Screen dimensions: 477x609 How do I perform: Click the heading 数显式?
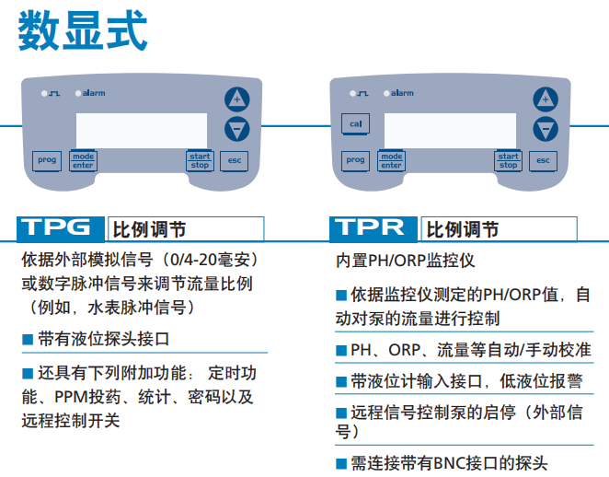tap(82, 29)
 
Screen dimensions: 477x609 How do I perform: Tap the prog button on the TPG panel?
tap(47, 160)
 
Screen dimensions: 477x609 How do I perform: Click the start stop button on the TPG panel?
tap(200, 160)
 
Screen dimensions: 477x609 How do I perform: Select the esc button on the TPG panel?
tap(235, 160)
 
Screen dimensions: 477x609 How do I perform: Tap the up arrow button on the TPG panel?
tap(237, 99)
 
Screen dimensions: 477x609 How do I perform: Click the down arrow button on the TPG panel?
tap(237, 128)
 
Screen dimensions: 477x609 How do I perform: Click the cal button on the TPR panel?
tap(355, 123)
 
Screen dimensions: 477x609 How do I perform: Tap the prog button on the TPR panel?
tap(355, 160)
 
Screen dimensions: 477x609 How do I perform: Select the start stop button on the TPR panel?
tap(508, 160)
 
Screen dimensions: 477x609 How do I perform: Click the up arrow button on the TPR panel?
tap(546, 99)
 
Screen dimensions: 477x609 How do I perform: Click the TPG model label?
tap(56, 228)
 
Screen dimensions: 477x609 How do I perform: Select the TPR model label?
tap(369, 228)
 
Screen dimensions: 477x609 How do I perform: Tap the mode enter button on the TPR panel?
tap(392, 160)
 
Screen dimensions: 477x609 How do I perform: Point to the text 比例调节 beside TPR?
tap(464, 229)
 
